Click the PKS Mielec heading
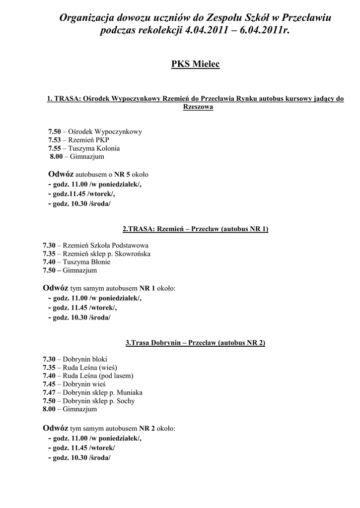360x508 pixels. [x=195, y=64]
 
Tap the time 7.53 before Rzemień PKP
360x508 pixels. [x=54, y=140]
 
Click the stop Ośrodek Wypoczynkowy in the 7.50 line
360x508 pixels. [x=105, y=131]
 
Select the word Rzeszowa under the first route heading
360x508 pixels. [x=198, y=107]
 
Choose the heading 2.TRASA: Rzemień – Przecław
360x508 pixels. [x=195, y=229]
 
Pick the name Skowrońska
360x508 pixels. [x=133, y=254]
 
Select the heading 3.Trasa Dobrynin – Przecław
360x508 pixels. [x=195, y=342]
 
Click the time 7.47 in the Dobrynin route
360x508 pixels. [x=49, y=392]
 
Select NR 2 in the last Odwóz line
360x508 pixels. [x=147, y=428]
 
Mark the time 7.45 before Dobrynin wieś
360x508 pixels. [x=49, y=384]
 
